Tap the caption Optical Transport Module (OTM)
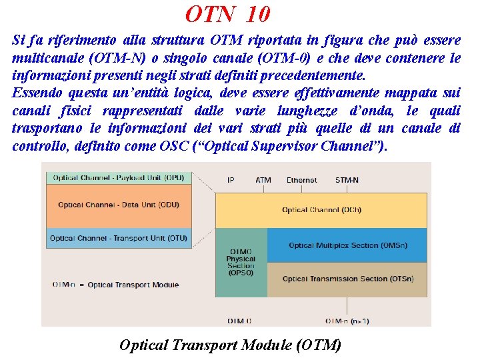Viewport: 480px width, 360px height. click(x=230, y=345)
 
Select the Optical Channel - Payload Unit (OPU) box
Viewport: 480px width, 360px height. click(x=119, y=178)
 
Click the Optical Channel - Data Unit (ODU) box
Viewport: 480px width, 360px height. click(x=119, y=205)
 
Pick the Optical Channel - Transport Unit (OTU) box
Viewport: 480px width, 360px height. click(x=119, y=238)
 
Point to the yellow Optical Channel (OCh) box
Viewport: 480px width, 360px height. click(x=321, y=210)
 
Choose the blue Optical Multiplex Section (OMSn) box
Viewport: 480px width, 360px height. click(x=347, y=245)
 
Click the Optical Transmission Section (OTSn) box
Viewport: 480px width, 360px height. click(x=347, y=279)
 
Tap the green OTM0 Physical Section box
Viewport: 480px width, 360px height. click(x=240, y=263)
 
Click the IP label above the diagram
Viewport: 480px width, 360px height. click(x=231, y=180)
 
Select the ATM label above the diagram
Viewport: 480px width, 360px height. click(x=263, y=180)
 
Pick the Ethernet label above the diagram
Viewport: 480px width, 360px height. click(x=301, y=180)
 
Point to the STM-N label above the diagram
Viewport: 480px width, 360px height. click(x=347, y=180)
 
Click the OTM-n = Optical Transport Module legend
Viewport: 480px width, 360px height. click(x=115, y=285)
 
